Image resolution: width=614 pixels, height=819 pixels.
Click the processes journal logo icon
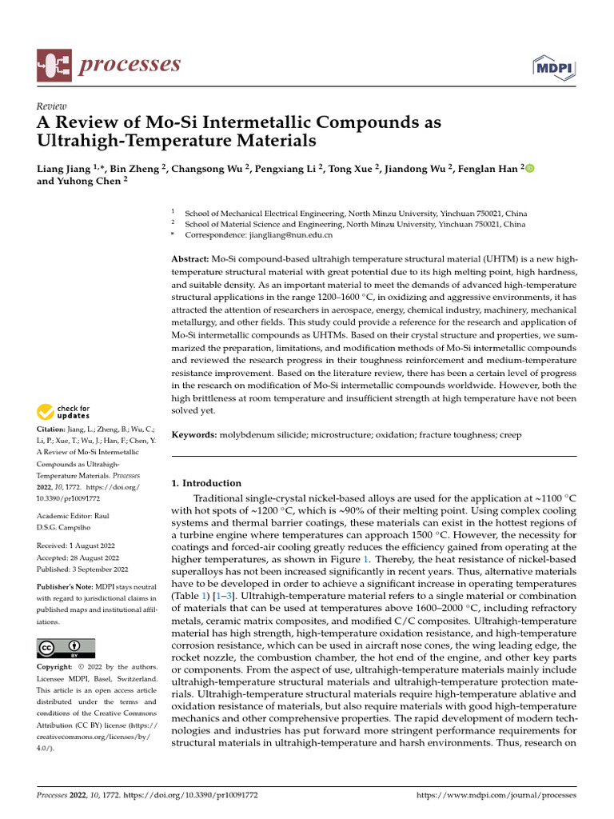[53, 65]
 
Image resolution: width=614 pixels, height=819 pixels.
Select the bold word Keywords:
[194, 434]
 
